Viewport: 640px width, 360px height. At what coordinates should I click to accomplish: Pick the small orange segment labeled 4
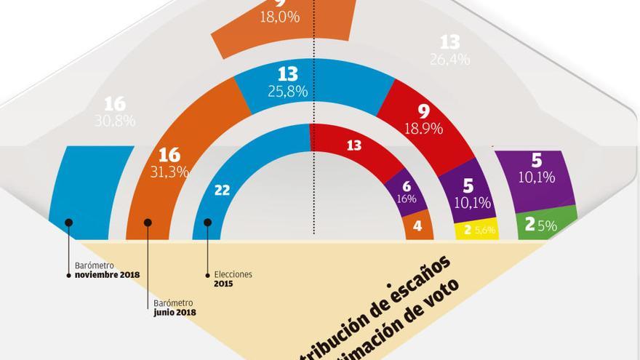(x=418, y=227)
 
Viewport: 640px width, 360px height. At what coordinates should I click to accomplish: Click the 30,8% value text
(x=115, y=121)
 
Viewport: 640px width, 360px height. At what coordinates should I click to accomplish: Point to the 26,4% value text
(x=449, y=60)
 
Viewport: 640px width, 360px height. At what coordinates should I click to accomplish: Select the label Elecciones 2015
(x=233, y=279)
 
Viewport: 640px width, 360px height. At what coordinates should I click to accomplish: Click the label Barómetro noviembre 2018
(x=107, y=270)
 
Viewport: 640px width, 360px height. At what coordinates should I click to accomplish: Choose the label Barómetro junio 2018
(x=175, y=308)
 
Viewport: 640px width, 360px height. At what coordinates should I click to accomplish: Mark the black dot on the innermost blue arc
(x=207, y=222)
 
